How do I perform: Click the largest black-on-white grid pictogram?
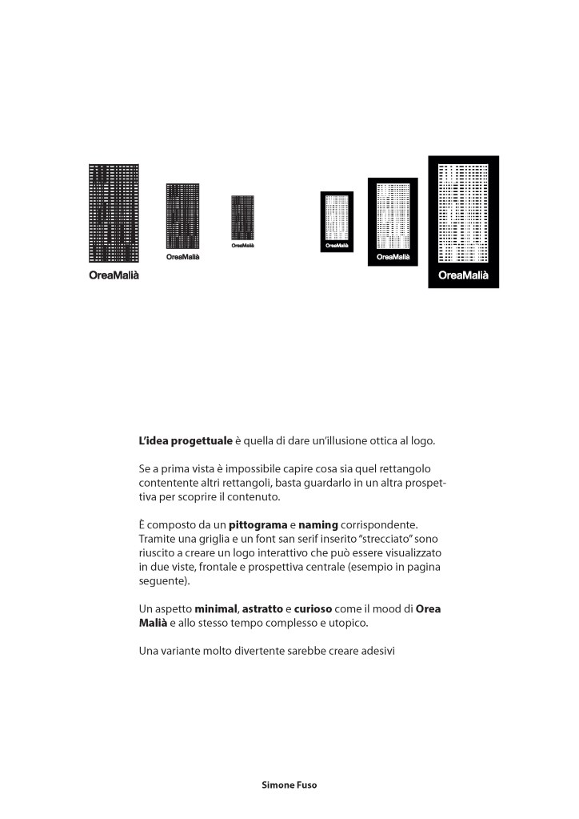click(114, 213)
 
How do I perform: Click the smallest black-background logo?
click(337, 222)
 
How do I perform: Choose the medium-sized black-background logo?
click(393, 222)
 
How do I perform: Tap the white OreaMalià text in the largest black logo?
click(463, 275)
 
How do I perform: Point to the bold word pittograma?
click(258, 524)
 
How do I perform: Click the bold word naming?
click(319, 524)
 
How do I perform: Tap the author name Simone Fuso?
click(289, 785)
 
